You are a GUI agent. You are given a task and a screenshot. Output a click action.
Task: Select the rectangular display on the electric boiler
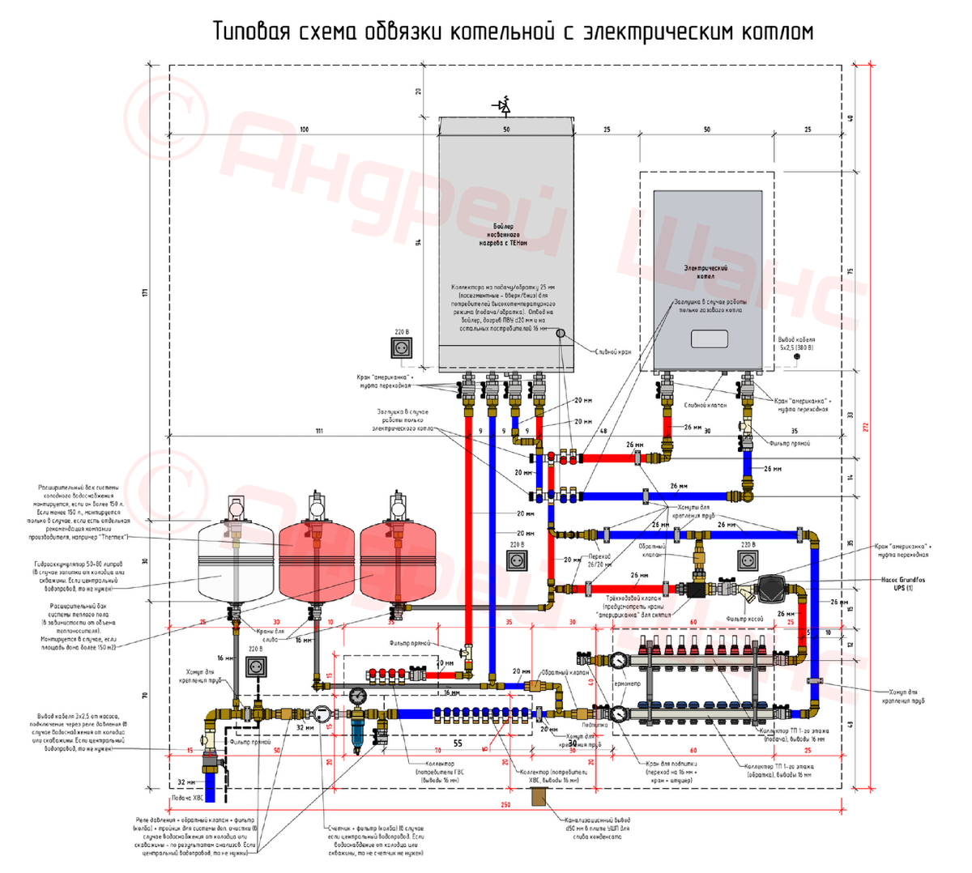[x=709, y=339]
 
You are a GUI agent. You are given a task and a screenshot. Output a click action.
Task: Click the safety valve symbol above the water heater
[x=504, y=105]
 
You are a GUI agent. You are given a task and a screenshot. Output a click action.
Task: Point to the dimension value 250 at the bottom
[x=505, y=805]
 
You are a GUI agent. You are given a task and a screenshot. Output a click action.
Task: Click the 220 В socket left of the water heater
[x=402, y=347]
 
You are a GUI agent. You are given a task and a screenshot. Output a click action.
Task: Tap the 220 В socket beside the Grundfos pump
[x=747, y=560]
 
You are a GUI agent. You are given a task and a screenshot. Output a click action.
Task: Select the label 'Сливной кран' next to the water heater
[x=613, y=352]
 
